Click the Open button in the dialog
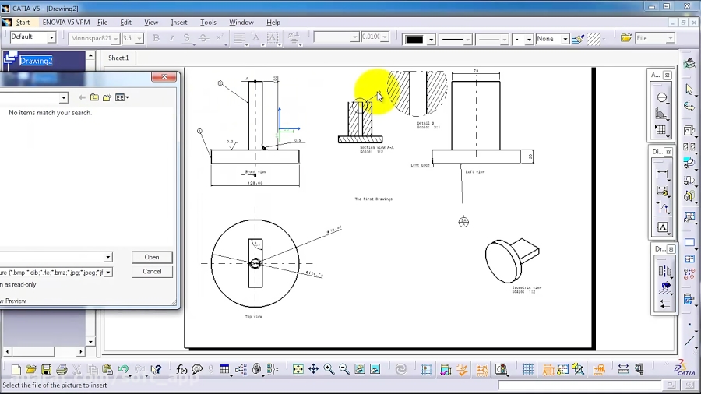(152, 257)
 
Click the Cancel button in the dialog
(152, 272)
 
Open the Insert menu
(179, 23)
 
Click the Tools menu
(208, 23)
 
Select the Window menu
(241, 23)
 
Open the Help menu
(273, 23)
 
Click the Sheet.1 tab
(118, 58)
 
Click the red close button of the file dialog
(164, 77)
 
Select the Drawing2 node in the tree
(36, 61)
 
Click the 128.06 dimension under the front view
(255, 183)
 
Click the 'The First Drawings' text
(373, 199)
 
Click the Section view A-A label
(376, 147)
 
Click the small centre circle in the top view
(255, 264)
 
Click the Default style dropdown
(33, 37)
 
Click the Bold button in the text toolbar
(156, 38)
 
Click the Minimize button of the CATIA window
(650, 6)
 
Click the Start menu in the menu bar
(23, 23)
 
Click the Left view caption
(474, 171)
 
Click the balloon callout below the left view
(464, 222)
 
